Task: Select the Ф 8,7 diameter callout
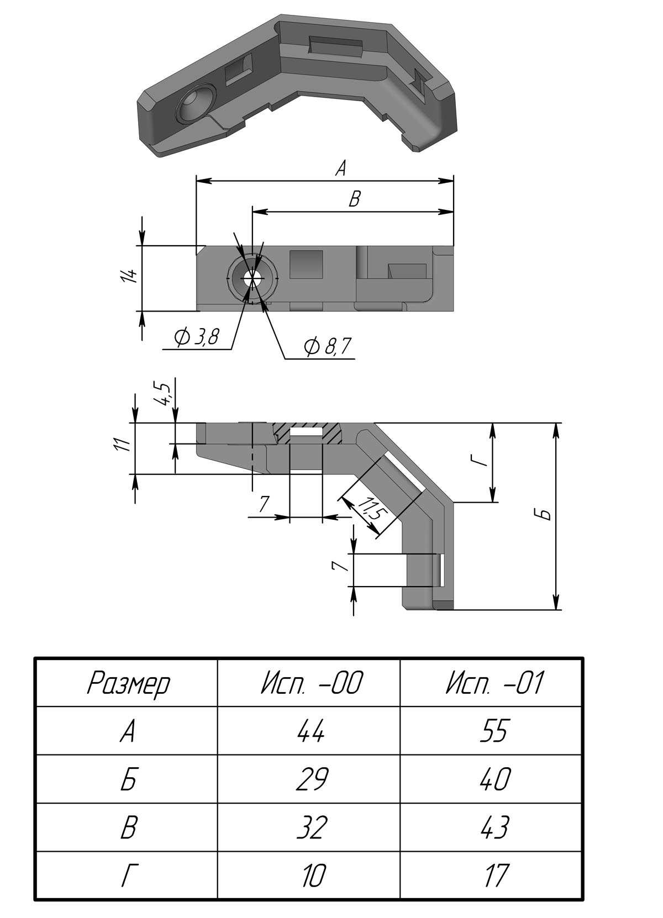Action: [x=327, y=347]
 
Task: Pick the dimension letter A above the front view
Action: [x=341, y=168]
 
